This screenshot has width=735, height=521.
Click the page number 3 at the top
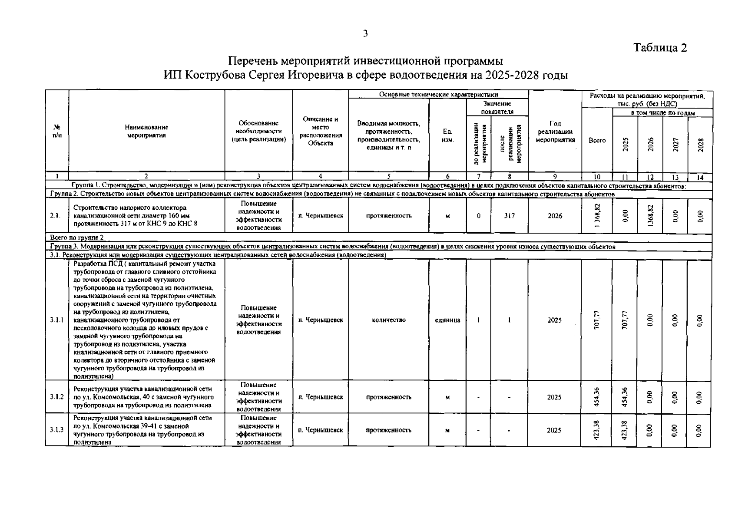point(365,34)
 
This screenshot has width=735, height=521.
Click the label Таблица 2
point(660,48)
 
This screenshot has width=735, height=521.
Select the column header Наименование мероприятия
point(146,131)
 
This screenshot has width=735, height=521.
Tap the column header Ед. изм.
point(447,135)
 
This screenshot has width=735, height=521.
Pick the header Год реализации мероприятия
point(555,132)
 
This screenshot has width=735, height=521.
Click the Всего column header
point(597,140)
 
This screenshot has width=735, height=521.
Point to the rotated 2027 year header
point(675,144)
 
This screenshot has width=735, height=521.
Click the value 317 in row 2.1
point(509,216)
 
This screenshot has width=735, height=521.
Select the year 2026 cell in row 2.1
point(555,216)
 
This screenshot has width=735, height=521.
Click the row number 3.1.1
point(57,320)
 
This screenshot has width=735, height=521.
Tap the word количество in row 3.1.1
point(389,320)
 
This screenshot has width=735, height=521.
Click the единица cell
point(447,320)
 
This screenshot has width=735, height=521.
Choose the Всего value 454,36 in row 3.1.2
point(597,397)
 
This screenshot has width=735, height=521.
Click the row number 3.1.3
point(57,430)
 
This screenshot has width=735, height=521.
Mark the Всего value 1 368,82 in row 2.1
point(597,216)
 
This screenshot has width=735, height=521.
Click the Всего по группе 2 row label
point(77,237)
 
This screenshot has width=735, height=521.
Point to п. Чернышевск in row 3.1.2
point(321,397)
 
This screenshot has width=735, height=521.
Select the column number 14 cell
point(700,177)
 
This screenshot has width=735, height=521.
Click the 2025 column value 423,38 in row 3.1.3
point(625,430)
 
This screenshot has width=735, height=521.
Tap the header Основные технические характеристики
point(438,94)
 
